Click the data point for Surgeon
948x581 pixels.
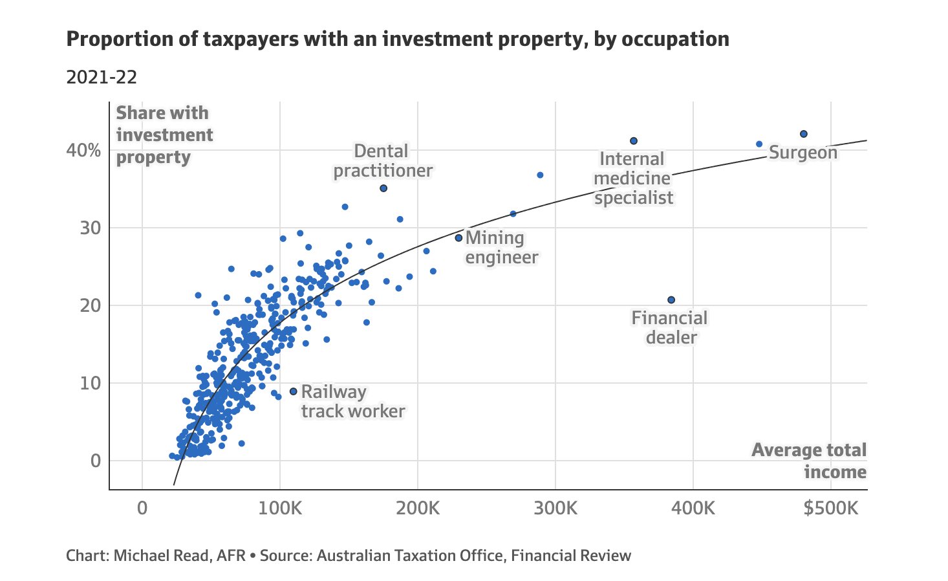point(804,134)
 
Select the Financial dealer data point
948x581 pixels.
point(671,300)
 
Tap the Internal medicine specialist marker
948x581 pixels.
point(634,140)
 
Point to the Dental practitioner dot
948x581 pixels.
point(383,188)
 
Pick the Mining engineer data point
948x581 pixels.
point(459,238)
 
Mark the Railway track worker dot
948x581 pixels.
point(293,391)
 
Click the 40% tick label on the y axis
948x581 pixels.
point(84,151)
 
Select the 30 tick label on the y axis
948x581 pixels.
point(91,228)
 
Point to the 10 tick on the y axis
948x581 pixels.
point(91,384)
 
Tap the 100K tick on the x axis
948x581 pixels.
point(280,508)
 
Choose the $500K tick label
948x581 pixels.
point(831,508)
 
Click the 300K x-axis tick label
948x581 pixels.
point(555,508)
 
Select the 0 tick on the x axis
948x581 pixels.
point(142,508)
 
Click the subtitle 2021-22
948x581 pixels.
point(102,78)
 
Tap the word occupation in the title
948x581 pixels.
point(675,39)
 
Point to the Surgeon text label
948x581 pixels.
point(803,153)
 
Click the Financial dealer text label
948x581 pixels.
point(670,327)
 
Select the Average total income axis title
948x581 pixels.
point(810,461)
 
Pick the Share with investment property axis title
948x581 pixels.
point(164,135)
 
